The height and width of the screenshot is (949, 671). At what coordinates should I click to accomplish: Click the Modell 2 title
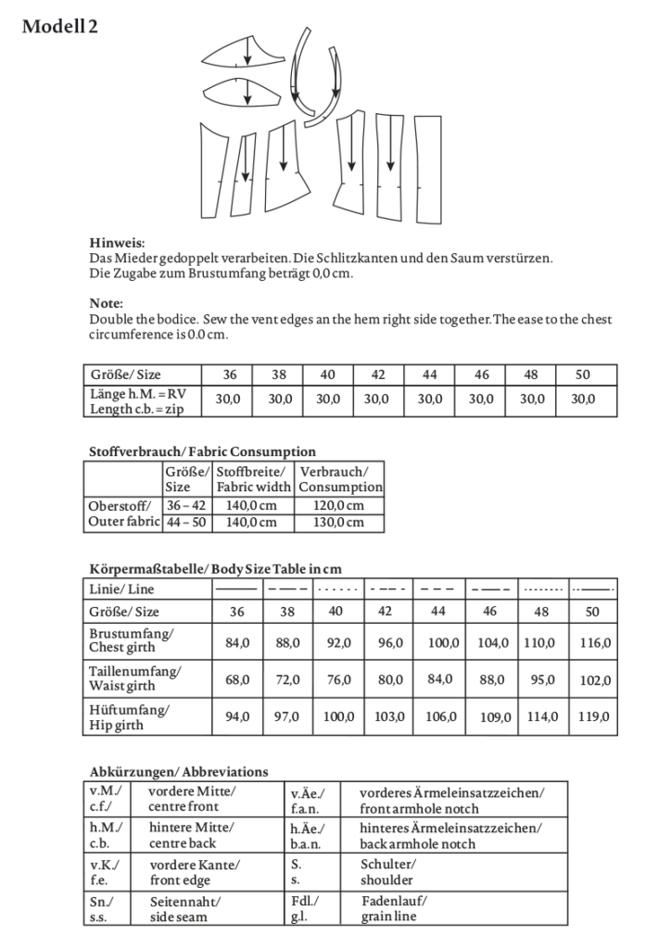coord(60,27)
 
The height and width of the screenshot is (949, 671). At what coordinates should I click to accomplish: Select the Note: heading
coord(107,303)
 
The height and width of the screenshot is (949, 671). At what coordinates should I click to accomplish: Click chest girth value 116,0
coord(592,642)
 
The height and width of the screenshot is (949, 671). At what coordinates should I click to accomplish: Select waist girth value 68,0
coord(237,679)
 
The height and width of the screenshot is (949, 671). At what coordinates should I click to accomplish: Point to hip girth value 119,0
coord(592,716)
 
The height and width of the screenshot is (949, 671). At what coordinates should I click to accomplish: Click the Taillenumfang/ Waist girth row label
coord(135,678)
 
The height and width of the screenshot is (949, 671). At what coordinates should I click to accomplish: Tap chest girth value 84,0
coord(237,642)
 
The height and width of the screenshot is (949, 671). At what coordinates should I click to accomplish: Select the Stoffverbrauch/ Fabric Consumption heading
coord(202,451)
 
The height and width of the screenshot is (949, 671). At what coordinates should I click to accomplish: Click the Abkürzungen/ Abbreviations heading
coord(179,771)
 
